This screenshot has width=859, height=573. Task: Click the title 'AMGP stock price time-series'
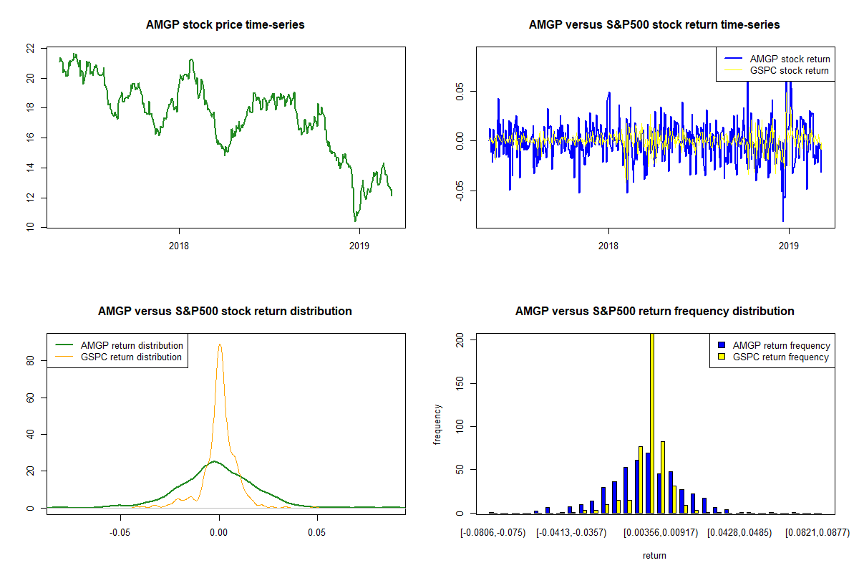[225, 25]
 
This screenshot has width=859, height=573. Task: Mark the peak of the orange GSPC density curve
[220, 345]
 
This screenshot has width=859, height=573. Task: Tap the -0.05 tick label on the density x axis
[120, 533]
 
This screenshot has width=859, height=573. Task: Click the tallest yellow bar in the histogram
[652, 423]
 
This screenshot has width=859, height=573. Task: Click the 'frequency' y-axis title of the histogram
[437, 425]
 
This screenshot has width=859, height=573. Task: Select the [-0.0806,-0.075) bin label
[494, 533]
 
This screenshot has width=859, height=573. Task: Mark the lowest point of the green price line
[355, 221]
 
